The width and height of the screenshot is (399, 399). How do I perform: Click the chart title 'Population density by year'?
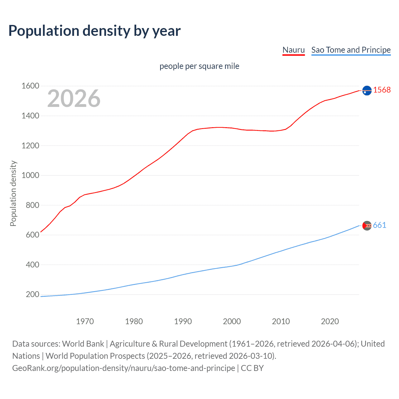94,31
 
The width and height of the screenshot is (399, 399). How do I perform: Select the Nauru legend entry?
293,50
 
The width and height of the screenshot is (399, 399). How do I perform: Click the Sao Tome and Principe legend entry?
351,50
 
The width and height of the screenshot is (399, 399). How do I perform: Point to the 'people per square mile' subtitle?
199,66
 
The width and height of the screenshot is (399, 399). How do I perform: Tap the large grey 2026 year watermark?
74,99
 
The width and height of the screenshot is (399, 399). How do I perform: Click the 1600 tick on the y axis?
30,86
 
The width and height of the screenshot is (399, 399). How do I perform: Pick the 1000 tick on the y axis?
30,175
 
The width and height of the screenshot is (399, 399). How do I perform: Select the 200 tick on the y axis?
32,294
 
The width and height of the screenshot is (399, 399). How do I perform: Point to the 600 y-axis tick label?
32,235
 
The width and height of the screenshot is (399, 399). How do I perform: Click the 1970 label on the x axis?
85,321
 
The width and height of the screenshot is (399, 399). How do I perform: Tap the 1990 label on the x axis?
183,321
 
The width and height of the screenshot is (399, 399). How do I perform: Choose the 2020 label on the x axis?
330,321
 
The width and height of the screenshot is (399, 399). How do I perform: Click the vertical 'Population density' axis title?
13,193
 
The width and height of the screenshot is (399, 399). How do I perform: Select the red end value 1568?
382,90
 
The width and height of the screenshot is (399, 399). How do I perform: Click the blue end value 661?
379,225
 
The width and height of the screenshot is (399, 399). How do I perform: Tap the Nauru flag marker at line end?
367,90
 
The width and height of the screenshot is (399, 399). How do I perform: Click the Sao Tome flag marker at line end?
367,225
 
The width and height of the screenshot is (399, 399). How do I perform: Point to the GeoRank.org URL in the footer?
123,368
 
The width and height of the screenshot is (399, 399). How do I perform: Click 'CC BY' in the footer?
252,368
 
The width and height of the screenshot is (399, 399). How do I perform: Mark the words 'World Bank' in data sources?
83,344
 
